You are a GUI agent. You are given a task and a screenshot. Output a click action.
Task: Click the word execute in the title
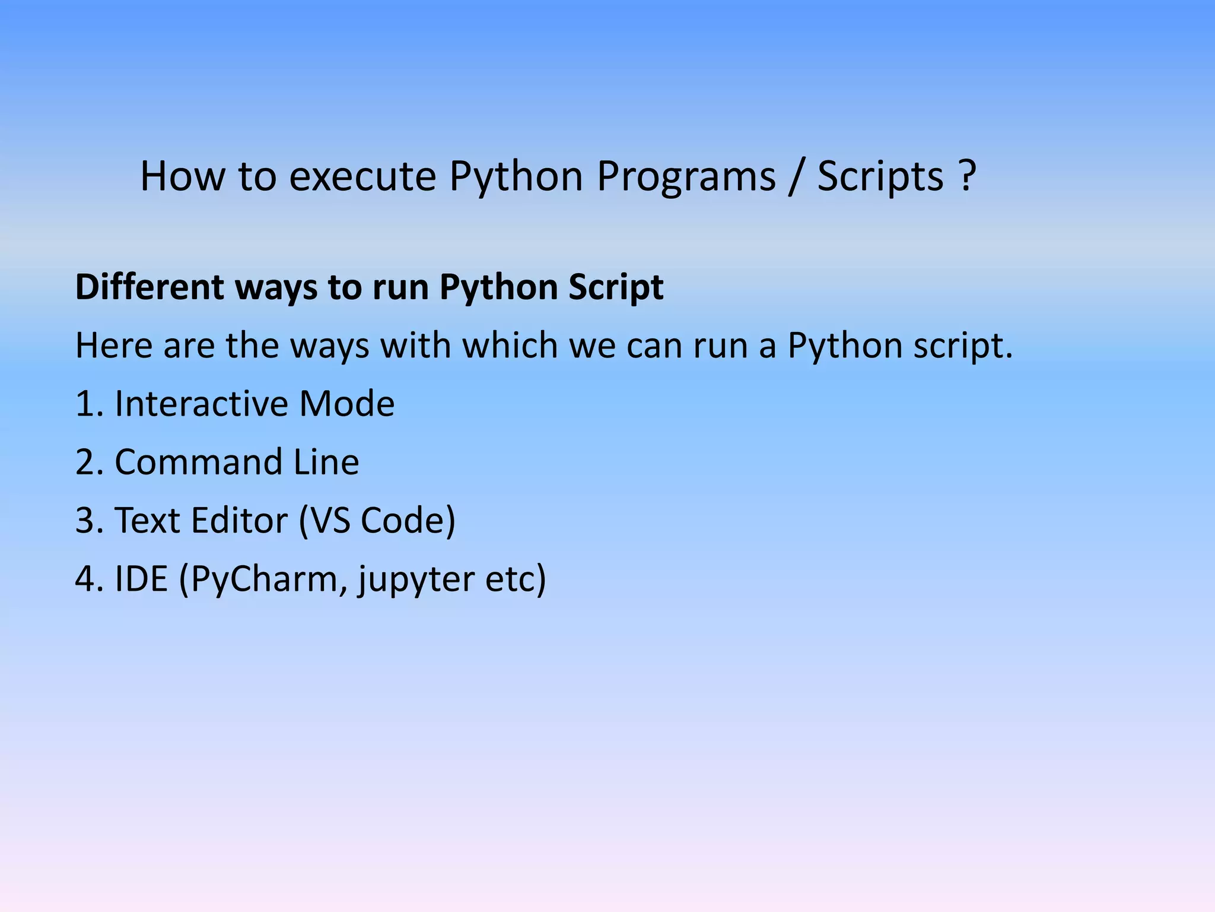[x=362, y=176]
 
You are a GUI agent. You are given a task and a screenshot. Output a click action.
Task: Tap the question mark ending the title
[x=966, y=176]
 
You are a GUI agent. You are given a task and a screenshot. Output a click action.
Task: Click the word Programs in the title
[x=686, y=176]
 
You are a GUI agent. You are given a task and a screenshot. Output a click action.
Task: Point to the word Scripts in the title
[x=880, y=176]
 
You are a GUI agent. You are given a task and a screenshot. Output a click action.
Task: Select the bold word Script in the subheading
[x=615, y=287]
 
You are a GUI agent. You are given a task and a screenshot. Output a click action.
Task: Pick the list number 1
[x=87, y=404]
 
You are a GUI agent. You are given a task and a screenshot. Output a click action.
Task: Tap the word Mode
[x=346, y=404]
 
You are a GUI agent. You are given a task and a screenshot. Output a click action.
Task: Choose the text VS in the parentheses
[x=330, y=521]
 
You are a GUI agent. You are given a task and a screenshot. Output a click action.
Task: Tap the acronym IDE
[x=141, y=579]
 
